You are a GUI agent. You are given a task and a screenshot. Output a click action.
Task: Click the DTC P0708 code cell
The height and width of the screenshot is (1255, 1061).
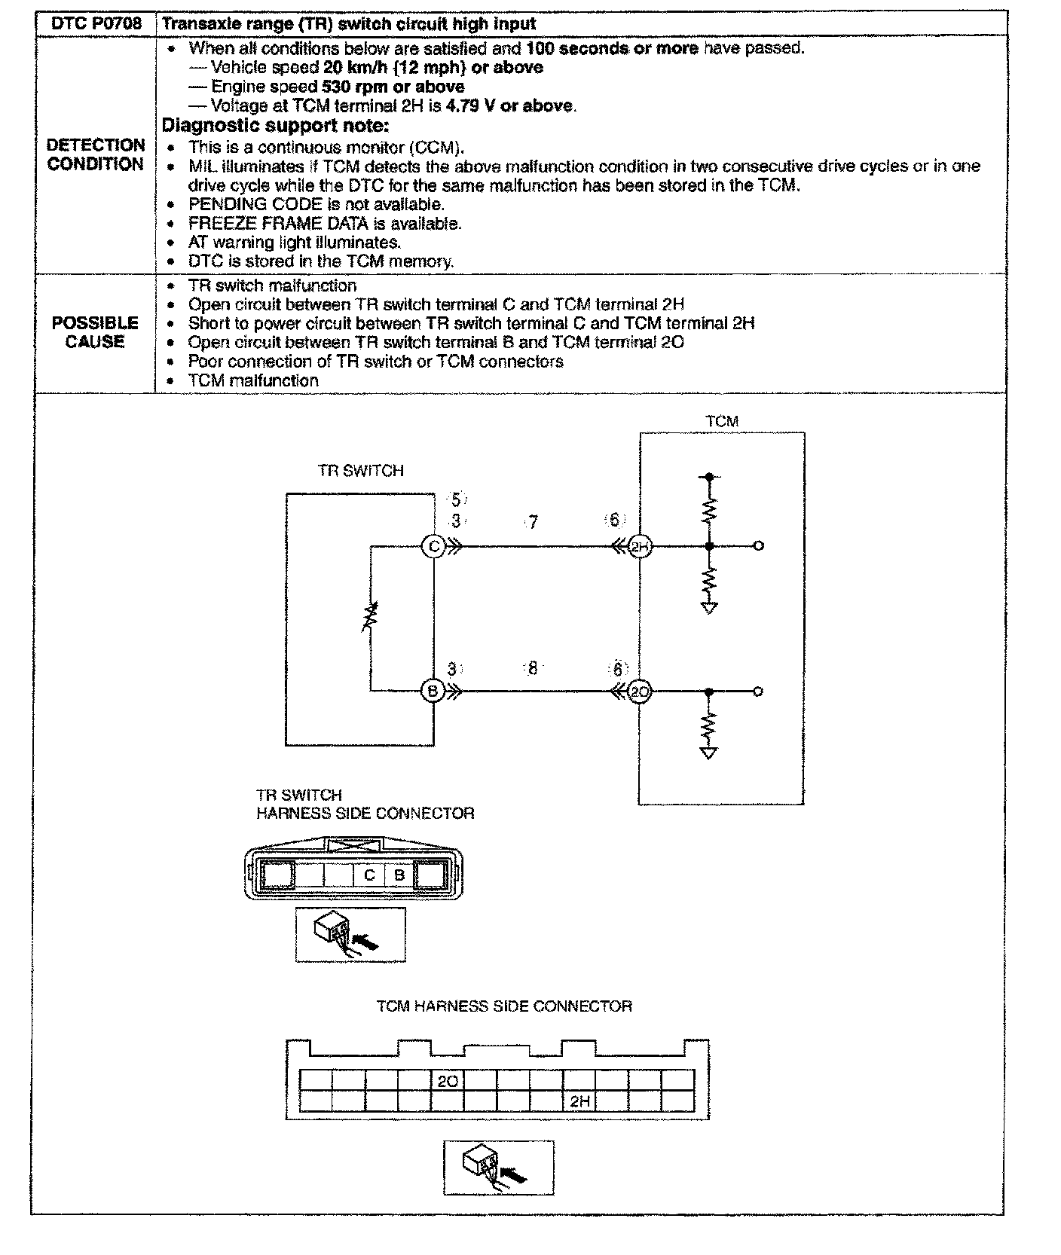(96, 23)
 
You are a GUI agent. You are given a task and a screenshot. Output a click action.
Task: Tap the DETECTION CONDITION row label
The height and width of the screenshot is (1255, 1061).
(96, 154)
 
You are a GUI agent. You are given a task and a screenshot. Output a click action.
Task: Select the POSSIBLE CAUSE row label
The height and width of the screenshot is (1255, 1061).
(95, 332)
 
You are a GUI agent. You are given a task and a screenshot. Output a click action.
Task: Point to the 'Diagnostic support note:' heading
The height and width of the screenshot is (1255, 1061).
(276, 125)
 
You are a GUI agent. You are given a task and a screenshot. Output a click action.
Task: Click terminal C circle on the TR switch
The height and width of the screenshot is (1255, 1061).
(434, 545)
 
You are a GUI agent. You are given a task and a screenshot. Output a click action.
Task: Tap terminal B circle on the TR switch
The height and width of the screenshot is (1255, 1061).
(433, 691)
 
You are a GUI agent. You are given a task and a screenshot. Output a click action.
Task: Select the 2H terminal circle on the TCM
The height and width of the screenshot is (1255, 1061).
(640, 546)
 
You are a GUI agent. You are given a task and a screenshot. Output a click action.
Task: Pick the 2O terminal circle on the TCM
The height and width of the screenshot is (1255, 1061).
(640, 692)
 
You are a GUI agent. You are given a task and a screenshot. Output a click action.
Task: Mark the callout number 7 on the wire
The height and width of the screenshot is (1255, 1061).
(533, 522)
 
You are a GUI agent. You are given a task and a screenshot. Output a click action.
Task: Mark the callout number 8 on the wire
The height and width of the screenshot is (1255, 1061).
(533, 668)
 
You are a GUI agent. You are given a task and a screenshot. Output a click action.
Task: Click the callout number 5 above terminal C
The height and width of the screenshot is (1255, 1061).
(456, 499)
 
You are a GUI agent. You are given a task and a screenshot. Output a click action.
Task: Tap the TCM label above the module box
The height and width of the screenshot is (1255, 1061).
(722, 422)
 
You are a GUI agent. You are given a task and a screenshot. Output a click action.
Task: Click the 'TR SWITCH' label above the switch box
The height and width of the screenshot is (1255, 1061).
(361, 471)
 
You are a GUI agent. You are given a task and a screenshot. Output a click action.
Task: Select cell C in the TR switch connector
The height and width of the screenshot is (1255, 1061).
(369, 875)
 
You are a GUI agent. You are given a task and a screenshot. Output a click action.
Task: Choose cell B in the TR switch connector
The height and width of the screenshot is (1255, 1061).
(399, 875)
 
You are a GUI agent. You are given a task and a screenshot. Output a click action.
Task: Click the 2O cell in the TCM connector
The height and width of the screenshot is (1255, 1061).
(448, 1081)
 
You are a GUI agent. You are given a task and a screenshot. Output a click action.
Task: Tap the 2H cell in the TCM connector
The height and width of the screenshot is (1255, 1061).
(579, 1101)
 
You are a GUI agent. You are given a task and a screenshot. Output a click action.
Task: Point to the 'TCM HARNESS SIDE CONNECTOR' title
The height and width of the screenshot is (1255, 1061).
(504, 1006)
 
